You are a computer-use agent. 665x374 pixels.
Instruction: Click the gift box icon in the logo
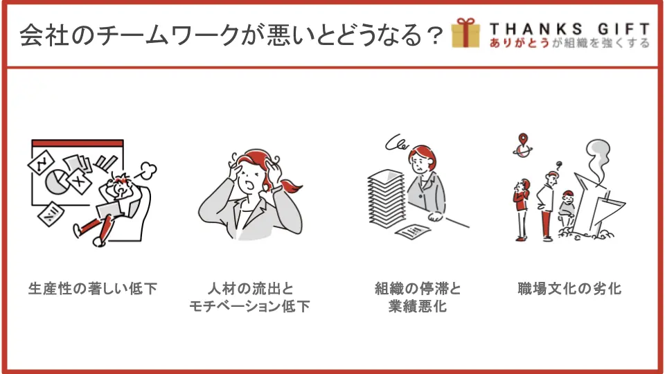(x=465, y=33)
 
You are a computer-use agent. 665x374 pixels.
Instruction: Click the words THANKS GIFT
(x=569, y=29)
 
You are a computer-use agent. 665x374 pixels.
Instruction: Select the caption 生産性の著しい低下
(x=93, y=288)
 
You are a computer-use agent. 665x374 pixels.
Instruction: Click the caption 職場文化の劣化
(x=569, y=288)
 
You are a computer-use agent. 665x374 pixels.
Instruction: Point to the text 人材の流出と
(x=250, y=288)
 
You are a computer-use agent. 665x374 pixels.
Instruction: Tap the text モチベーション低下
(x=250, y=305)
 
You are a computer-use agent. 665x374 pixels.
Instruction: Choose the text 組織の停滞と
(x=418, y=288)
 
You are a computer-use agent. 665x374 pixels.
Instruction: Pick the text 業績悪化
(x=418, y=305)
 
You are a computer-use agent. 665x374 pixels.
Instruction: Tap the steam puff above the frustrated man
(x=146, y=170)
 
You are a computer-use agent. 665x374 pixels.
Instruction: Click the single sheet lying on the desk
(x=413, y=231)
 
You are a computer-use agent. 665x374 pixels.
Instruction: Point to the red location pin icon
(x=523, y=141)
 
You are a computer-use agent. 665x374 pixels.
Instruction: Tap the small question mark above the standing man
(x=558, y=165)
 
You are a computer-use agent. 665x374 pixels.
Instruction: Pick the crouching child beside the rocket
(x=567, y=209)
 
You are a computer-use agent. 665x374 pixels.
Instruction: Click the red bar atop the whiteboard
(x=78, y=143)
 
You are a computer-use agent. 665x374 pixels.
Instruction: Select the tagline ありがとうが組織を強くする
(x=569, y=43)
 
